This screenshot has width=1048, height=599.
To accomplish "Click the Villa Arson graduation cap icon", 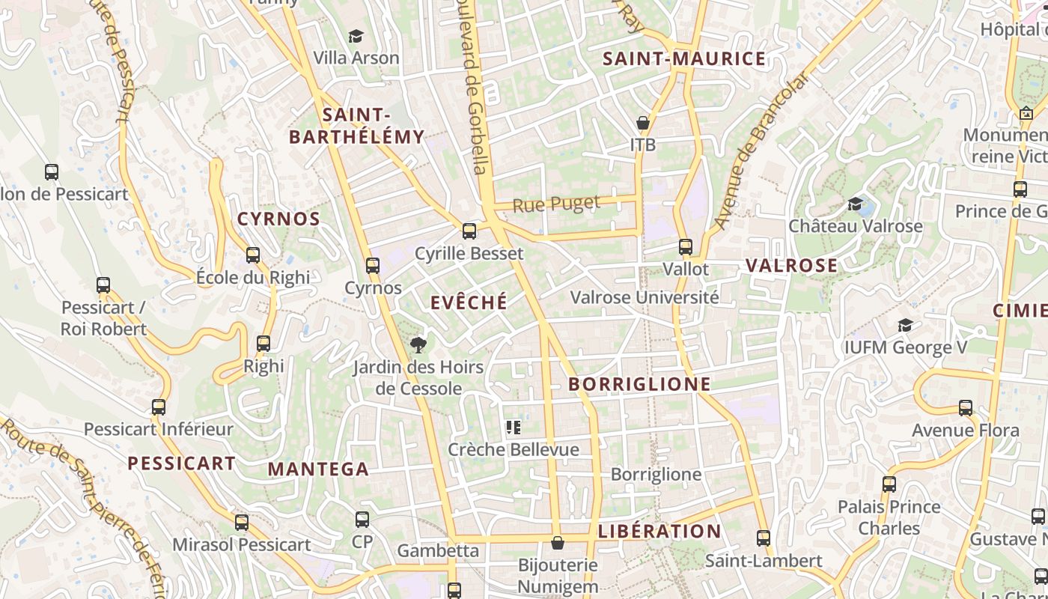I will (356, 36).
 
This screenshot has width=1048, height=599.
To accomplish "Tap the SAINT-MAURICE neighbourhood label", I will (684, 59).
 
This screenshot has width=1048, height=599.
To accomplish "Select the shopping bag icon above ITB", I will (642, 122).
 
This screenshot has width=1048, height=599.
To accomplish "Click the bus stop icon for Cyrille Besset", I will (469, 231).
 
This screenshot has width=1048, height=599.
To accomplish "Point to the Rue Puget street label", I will (557, 204).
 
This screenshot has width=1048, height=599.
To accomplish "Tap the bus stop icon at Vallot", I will (686, 246).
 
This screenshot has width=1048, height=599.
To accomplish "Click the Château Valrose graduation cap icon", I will (855, 204).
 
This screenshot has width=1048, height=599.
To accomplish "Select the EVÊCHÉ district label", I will (469, 302).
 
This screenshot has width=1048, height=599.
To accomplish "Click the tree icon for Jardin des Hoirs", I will (418, 344).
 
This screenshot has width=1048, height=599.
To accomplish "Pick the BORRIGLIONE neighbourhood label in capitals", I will (639, 385).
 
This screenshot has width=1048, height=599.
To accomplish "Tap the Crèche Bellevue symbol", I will (514, 428).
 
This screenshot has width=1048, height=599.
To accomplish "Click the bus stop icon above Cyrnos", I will (373, 265).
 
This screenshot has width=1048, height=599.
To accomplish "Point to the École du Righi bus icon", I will (253, 255).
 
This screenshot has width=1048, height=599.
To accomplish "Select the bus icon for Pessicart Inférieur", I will (159, 407).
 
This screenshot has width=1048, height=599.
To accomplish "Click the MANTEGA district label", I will (318, 469).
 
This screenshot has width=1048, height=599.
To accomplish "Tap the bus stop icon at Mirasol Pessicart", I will (242, 523).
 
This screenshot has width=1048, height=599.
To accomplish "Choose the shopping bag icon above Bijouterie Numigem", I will (557, 542).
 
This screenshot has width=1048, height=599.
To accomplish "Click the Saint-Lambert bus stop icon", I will (764, 538).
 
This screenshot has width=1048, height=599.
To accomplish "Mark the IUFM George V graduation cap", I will (905, 325).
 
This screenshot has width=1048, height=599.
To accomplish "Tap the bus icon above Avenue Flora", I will (966, 408).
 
